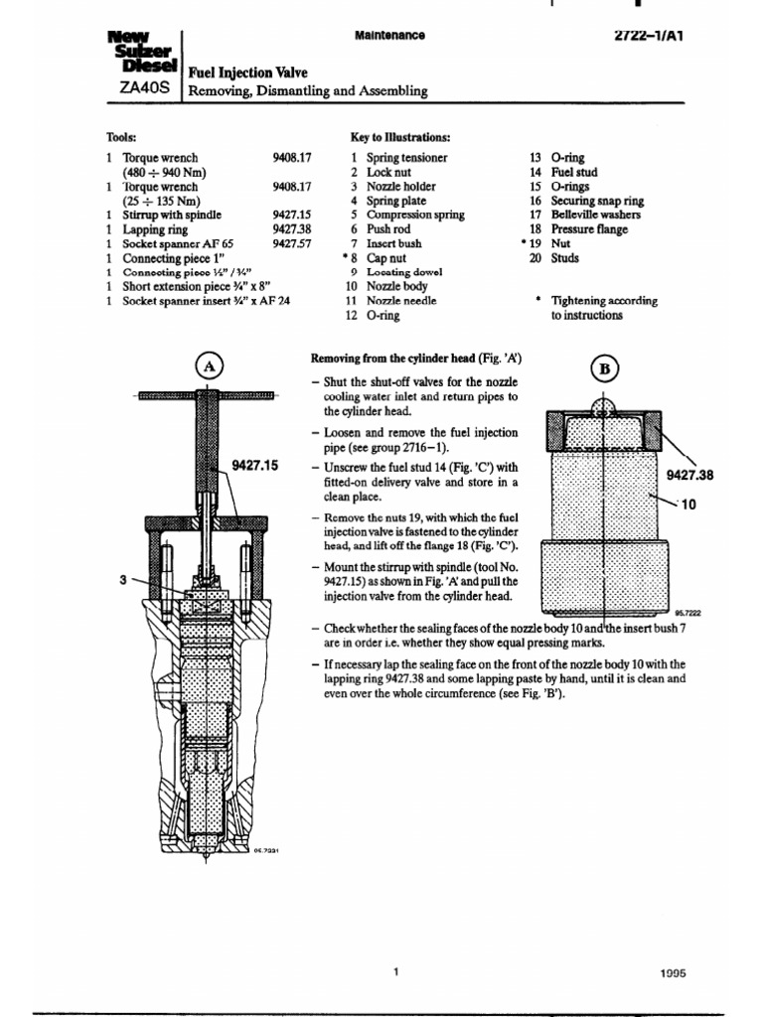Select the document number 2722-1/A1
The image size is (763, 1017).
(x=652, y=34)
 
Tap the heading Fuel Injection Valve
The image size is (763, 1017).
(x=245, y=73)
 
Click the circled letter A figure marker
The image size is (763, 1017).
(x=210, y=365)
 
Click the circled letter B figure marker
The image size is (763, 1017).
(x=603, y=368)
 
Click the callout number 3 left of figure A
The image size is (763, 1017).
(x=123, y=581)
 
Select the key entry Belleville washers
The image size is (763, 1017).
(x=595, y=215)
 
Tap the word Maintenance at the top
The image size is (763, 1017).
(x=389, y=36)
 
